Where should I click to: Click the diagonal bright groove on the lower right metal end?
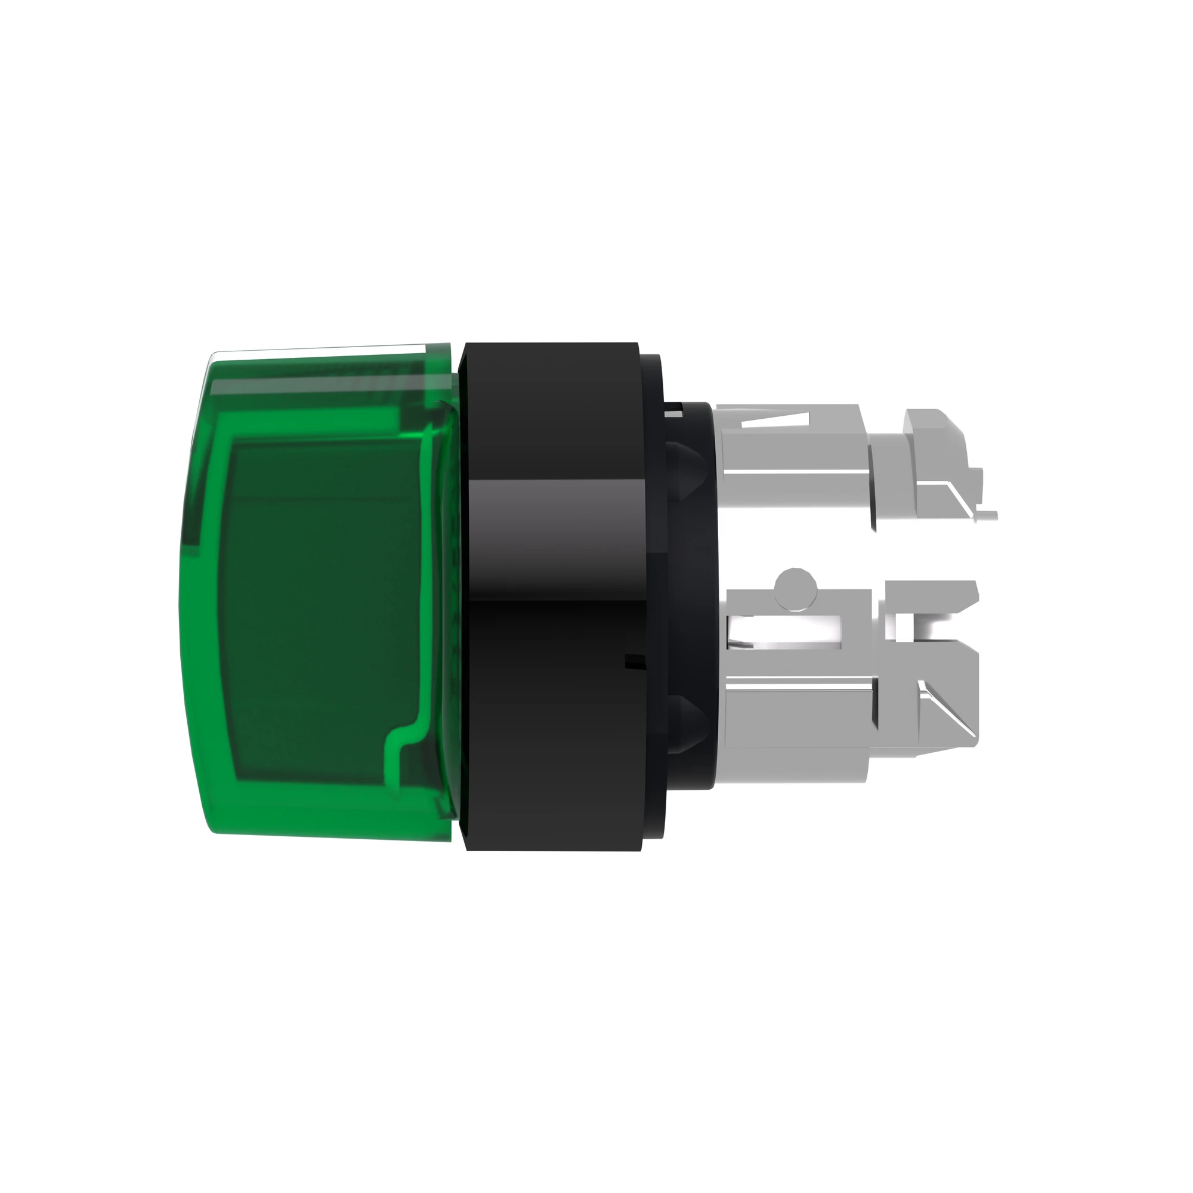point(948,710)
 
